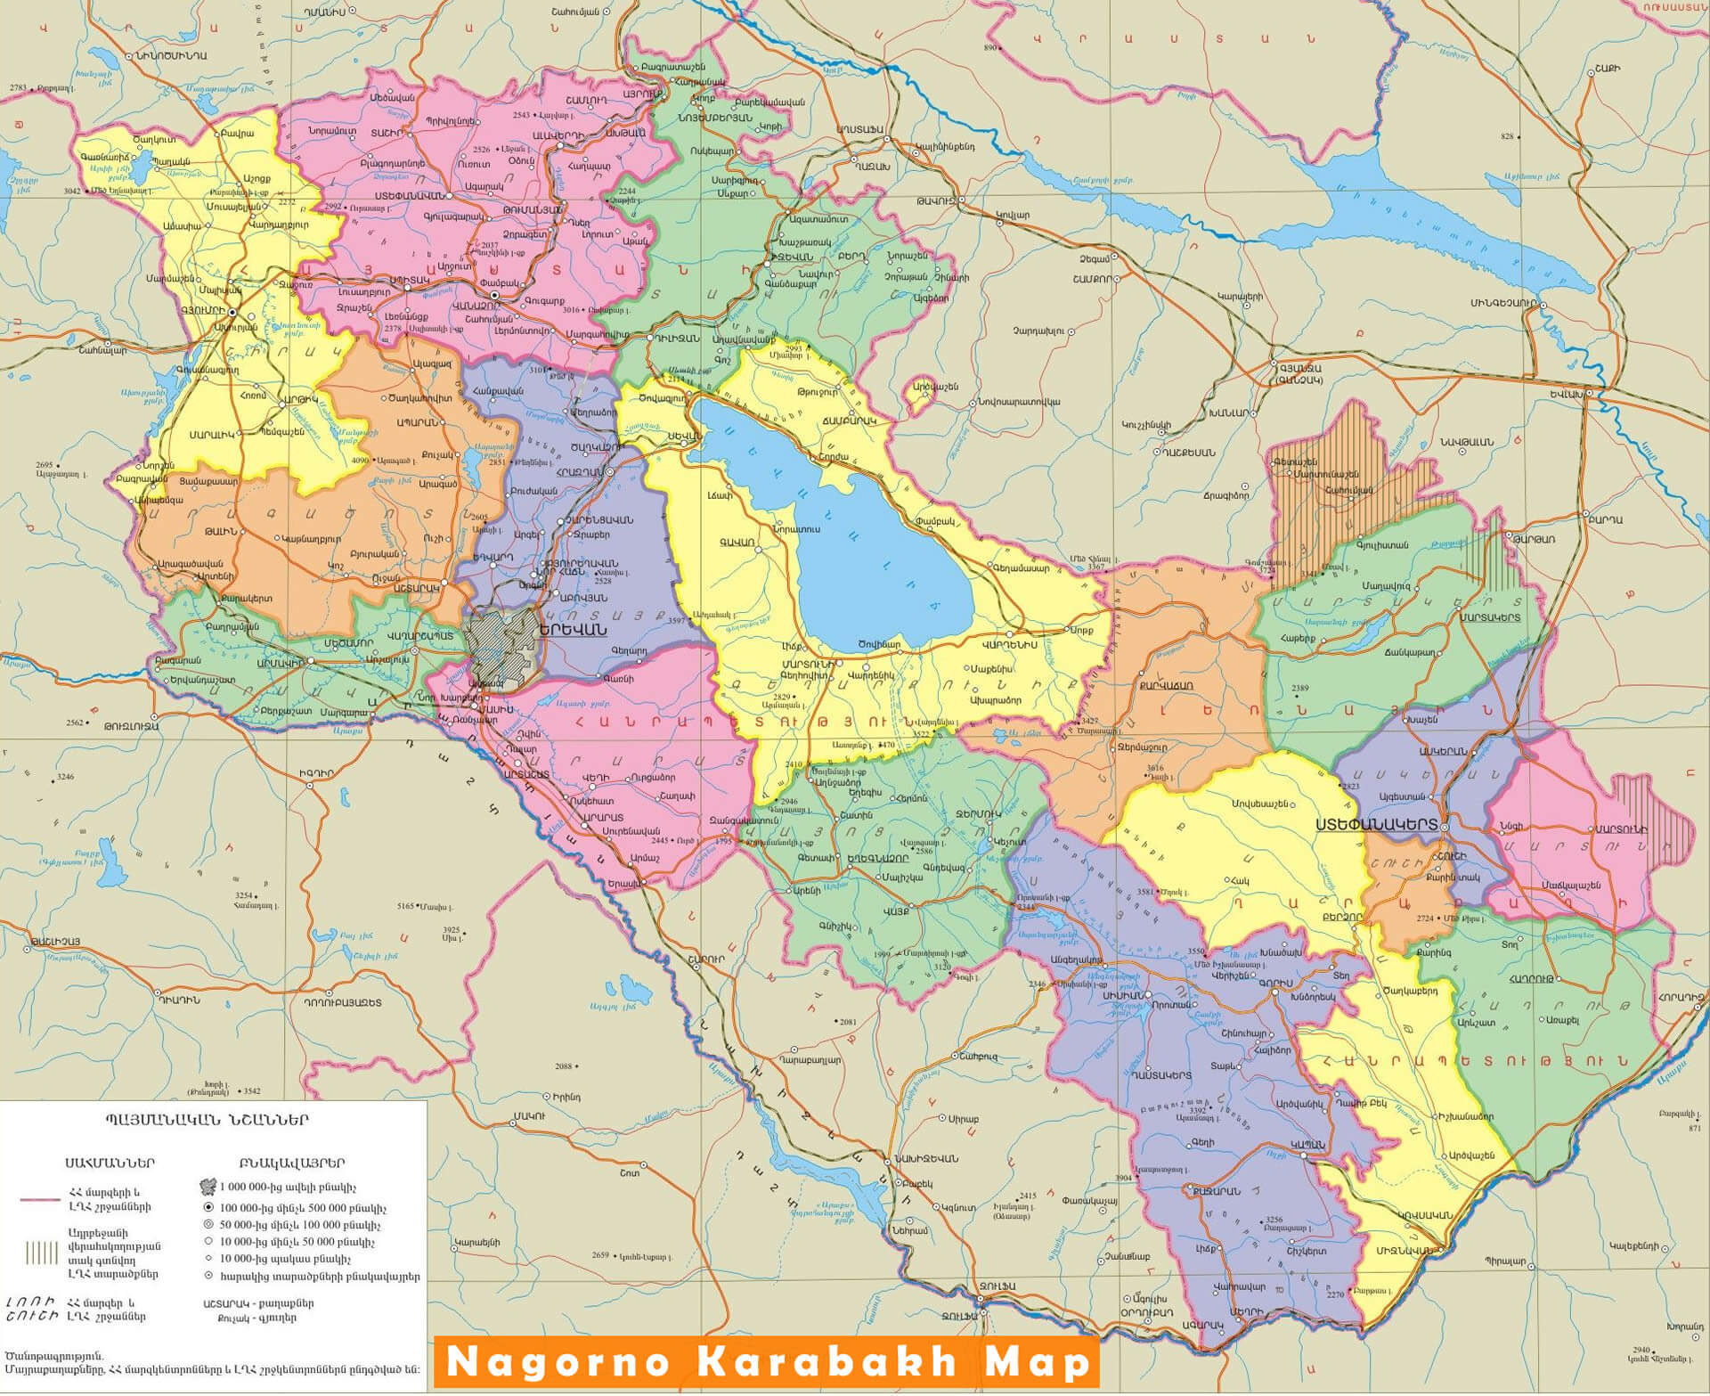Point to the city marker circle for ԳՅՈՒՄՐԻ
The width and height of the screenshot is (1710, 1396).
tap(232, 313)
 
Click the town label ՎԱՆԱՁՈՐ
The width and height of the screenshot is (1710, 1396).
tap(476, 304)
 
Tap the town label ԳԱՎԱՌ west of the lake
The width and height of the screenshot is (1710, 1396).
tap(737, 542)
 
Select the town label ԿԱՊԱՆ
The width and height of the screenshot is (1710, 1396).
tap(1308, 1145)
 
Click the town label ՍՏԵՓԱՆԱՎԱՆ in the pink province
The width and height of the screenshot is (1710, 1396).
tap(410, 195)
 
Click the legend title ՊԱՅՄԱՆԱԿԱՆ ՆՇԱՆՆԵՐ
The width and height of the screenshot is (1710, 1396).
tap(207, 1121)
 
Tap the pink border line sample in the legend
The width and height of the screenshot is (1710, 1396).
tap(40, 1199)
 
